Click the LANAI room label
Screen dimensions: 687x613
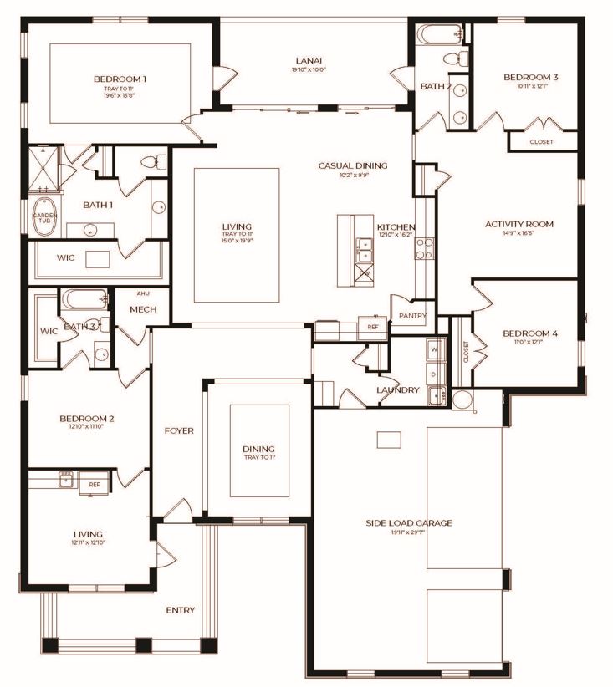tap(309, 59)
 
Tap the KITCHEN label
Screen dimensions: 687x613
tap(396, 227)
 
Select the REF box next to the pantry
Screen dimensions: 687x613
tap(373, 327)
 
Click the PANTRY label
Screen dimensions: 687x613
tap(413, 316)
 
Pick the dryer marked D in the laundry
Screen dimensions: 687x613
tap(433, 374)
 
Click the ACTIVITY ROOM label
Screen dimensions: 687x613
tap(519, 224)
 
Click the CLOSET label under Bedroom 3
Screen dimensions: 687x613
tap(541, 142)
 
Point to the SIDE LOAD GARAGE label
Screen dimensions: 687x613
tap(408, 522)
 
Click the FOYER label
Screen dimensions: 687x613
tap(178, 431)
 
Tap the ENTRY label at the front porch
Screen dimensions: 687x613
tap(180, 610)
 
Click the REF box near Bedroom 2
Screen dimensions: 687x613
tap(95, 484)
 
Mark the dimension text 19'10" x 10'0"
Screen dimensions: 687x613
tap(309, 70)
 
